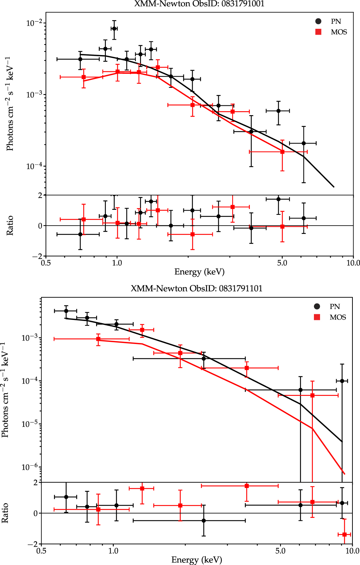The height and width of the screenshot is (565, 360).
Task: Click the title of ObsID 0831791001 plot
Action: (x=199, y=4)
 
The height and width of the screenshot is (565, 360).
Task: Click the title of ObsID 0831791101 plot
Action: (x=197, y=289)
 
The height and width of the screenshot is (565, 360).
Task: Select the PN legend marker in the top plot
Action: (x=318, y=22)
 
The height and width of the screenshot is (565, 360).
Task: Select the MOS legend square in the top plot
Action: (x=318, y=32)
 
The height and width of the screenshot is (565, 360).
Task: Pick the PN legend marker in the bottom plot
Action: (x=317, y=307)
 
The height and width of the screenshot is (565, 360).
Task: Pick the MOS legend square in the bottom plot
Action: (x=317, y=317)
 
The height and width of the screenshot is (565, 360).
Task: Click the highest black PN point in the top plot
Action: (x=114, y=28)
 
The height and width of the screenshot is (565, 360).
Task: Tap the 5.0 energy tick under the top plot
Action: (x=282, y=263)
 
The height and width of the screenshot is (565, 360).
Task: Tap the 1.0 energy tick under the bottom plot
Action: (x=113, y=551)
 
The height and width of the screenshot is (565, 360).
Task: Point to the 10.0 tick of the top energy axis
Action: (x=353, y=263)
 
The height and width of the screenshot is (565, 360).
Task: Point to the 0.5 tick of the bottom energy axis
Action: (x=41, y=551)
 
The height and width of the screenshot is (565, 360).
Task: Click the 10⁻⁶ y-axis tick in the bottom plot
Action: (x=31, y=467)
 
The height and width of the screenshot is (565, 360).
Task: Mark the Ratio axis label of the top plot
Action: (x=10, y=226)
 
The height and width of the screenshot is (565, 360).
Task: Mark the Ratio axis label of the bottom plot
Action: (x=5, y=513)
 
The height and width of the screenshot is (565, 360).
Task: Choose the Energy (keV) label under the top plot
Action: (x=199, y=272)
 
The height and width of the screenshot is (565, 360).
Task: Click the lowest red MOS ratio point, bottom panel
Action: (x=345, y=534)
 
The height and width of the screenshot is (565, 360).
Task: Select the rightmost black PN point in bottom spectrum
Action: (x=342, y=381)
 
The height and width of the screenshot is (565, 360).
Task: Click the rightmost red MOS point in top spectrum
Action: (x=282, y=152)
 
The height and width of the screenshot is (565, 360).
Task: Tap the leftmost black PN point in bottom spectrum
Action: (x=66, y=311)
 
